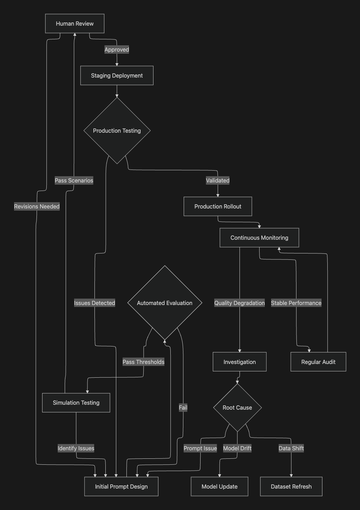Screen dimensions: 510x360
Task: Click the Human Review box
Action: [74, 24]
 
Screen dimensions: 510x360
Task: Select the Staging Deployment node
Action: [117, 75]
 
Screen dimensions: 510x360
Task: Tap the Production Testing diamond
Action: [117, 131]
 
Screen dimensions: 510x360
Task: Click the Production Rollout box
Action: [218, 206]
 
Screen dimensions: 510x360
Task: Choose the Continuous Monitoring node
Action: [259, 238]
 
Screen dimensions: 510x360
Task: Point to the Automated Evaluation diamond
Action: [165, 303]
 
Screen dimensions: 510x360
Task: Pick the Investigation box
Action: [240, 362]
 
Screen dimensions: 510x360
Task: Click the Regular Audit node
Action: [318, 362]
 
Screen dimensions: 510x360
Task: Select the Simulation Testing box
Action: [76, 403]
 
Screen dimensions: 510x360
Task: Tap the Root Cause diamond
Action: [237, 408]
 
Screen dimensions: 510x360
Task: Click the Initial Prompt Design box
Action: [121, 486]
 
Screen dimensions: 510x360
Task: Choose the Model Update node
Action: [220, 486]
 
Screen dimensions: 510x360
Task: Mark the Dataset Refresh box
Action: [291, 486]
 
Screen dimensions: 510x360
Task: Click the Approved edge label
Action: [117, 49]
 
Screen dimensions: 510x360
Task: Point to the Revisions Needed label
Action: [37, 206]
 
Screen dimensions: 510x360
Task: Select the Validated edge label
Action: [218, 180]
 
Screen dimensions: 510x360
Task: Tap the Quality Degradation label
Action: [240, 303]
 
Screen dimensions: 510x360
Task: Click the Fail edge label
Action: [183, 408]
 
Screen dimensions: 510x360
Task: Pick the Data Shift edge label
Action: [291, 448]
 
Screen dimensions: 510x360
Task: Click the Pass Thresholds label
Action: [143, 362]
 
